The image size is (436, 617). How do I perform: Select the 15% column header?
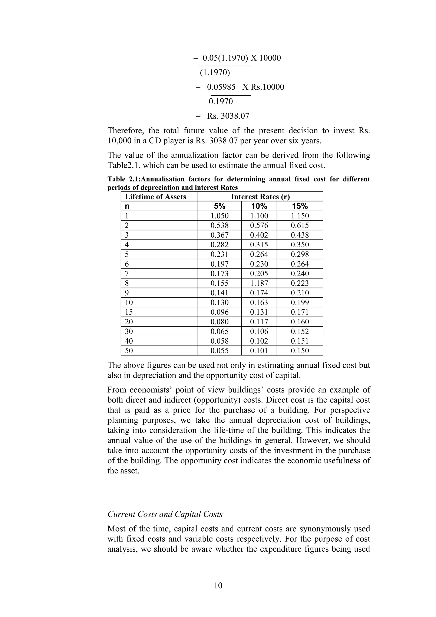[300, 206]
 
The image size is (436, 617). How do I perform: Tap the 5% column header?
[219, 206]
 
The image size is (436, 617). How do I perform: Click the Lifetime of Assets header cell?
[156, 197]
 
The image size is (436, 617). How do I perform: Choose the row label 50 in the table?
[129, 351]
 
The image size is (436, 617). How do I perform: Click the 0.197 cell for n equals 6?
[219, 264]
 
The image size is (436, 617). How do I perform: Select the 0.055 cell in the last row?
[219, 351]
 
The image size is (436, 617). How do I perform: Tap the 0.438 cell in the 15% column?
[300, 235]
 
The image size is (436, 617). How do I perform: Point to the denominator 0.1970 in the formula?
[221, 102]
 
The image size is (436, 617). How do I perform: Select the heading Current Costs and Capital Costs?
[165, 514]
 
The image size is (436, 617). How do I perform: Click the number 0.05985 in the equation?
[221, 87]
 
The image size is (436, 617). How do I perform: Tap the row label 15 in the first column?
[129, 312]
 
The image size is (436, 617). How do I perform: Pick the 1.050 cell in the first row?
[219, 216]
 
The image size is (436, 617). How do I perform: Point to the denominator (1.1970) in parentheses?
[215, 73]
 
